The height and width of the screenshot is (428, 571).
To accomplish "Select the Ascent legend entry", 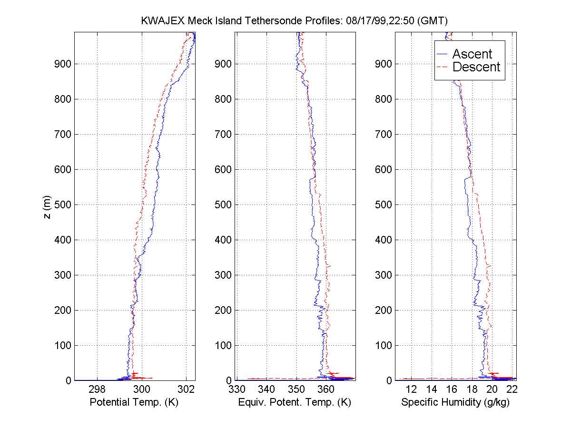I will [472, 54].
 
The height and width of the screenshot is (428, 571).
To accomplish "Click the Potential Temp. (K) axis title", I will [134, 402].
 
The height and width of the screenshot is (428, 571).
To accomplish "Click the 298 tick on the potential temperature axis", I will [97, 389].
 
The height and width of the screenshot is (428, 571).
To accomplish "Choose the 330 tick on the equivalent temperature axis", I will [236, 389].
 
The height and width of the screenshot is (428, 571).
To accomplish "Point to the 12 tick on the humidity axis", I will [411, 389].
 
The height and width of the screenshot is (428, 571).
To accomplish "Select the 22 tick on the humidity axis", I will [512, 389].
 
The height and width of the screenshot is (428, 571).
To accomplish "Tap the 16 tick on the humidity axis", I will [452, 389].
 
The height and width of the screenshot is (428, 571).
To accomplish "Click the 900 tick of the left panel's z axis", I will [61, 64].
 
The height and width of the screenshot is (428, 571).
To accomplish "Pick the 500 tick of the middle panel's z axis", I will [223, 204].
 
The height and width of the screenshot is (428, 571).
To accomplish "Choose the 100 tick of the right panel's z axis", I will [384, 345].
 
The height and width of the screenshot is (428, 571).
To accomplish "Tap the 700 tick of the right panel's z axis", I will [384, 134].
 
